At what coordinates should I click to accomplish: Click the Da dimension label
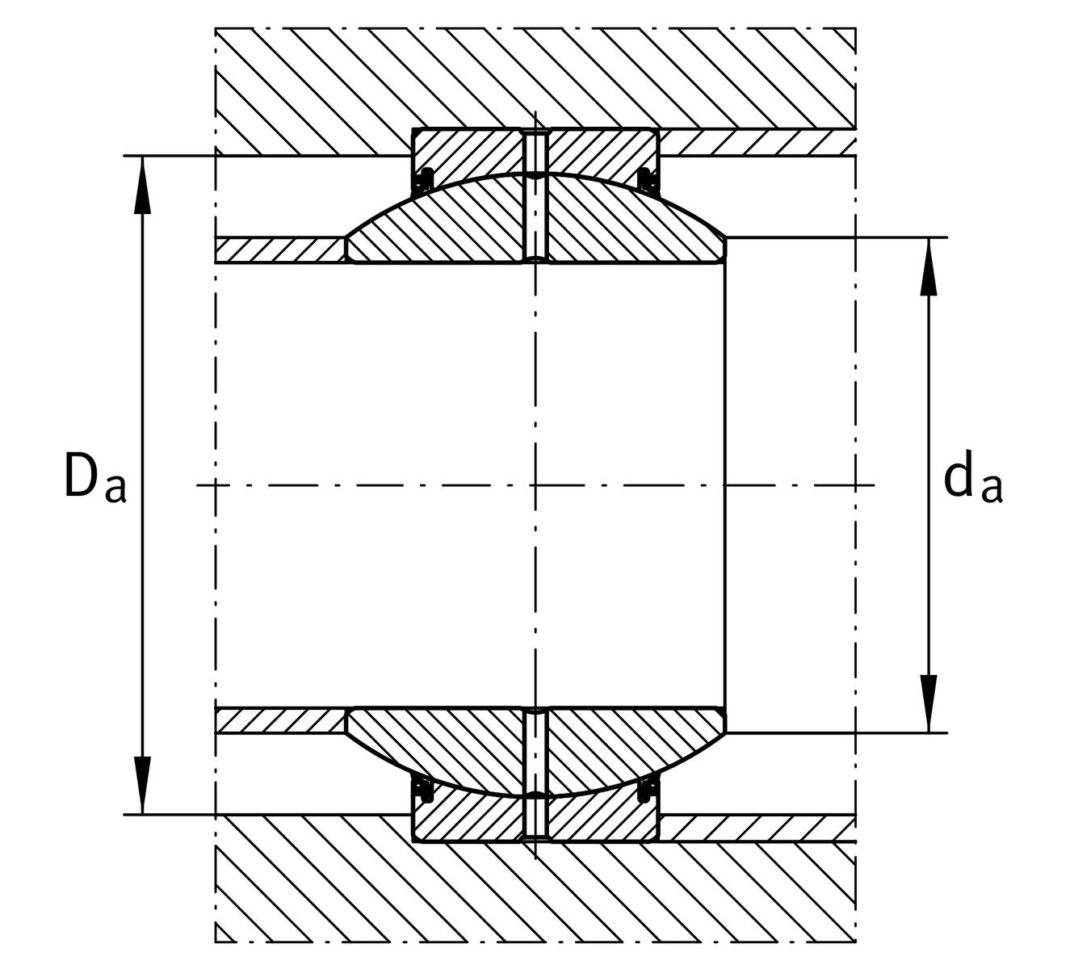pyautogui.click(x=94, y=476)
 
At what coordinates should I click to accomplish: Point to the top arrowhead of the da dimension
pyautogui.click(x=929, y=266)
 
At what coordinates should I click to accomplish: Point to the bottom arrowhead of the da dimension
pyautogui.click(x=929, y=704)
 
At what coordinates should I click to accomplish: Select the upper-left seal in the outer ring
pyautogui.click(x=425, y=179)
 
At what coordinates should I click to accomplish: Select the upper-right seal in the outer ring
pyautogui.click(x=648, y=179)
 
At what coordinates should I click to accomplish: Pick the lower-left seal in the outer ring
pyautogui.click(x=425, y=791)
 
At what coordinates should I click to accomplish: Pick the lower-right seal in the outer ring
pyautogui.click(x=648, y=791)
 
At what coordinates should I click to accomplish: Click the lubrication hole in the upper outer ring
pyautogui.click(x=536, y=152)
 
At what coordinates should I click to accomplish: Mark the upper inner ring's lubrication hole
pyautogui.click(x=536, y=220)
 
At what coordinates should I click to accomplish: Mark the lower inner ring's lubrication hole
pyautogui.click(x=536, y=751)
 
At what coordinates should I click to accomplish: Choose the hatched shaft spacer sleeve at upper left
pyautogui.click(x=279, y=250)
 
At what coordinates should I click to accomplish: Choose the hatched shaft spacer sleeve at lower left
pyautogui.click(x=279, y=720)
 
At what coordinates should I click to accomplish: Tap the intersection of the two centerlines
pyautogui.click(x=536, y=485)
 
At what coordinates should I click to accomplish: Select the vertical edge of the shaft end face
pyautogui.click(x=725, y=485)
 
